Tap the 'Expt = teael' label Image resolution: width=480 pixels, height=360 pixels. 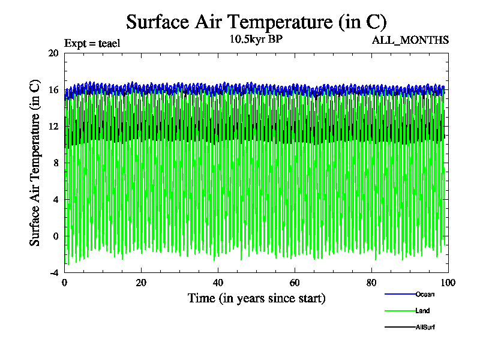coord(92,43)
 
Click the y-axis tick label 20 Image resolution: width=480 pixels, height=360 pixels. coord(53,53)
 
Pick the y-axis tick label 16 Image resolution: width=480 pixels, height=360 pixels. coord(53,89)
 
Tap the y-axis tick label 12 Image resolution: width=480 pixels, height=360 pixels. coord(53,126)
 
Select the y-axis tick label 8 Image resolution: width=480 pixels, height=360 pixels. coord(55,163)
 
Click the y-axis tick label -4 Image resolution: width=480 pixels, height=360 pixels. coord(53,272)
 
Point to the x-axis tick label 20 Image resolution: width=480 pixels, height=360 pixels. coord(141,283)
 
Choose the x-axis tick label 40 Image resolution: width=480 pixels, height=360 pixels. coord(218,283)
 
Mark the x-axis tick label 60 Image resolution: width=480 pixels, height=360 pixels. coord(295,283)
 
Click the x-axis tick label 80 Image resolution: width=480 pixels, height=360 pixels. coord(371,283)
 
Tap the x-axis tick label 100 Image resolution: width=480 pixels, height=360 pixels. coord(448,283)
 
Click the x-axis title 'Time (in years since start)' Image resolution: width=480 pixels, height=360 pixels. coord(256,298)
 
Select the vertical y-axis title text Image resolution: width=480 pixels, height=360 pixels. coord(35,163)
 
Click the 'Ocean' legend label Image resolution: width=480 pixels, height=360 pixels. coord(425,294)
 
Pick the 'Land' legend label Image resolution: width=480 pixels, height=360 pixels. coord(422,311)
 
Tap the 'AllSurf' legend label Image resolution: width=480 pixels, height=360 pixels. coord(425,327)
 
